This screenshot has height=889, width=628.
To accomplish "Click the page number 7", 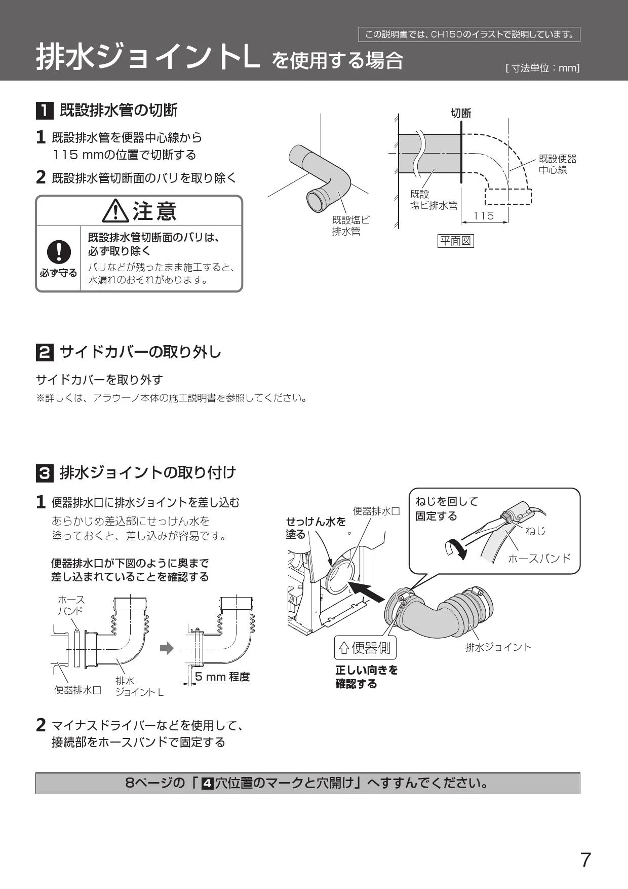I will tap(585, 860).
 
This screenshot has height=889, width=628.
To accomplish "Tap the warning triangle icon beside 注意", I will tap(115, 211).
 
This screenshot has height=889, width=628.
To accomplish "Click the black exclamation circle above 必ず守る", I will tap(58, 251).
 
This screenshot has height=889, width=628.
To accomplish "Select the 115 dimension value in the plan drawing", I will tap(484, 216).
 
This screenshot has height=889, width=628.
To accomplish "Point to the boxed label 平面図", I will tap(455, 241).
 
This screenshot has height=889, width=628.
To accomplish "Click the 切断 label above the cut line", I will tap(461, 113).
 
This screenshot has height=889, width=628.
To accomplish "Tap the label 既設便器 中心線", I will tap(557, 165).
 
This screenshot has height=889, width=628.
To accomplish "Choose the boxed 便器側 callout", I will tap(365, 648).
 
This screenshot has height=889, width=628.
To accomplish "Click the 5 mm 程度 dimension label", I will tap(222, 677).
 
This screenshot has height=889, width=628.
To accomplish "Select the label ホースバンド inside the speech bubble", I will tap(539, 559).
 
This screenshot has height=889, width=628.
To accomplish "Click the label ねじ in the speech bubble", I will tap(536, 531).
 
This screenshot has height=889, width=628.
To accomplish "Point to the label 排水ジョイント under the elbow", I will tap(498, 647).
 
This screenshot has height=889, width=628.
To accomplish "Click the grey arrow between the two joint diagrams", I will tap(167, 648).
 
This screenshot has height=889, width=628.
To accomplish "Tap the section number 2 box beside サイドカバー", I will tap(45, 352).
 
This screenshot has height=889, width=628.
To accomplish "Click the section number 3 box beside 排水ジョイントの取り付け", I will tap(45, 473).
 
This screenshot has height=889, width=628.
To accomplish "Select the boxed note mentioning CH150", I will tap(469, 34).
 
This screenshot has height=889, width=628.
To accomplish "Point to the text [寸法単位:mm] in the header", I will tap(542, 68).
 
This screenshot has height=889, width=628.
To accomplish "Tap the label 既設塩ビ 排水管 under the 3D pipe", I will tap(350, 226).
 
